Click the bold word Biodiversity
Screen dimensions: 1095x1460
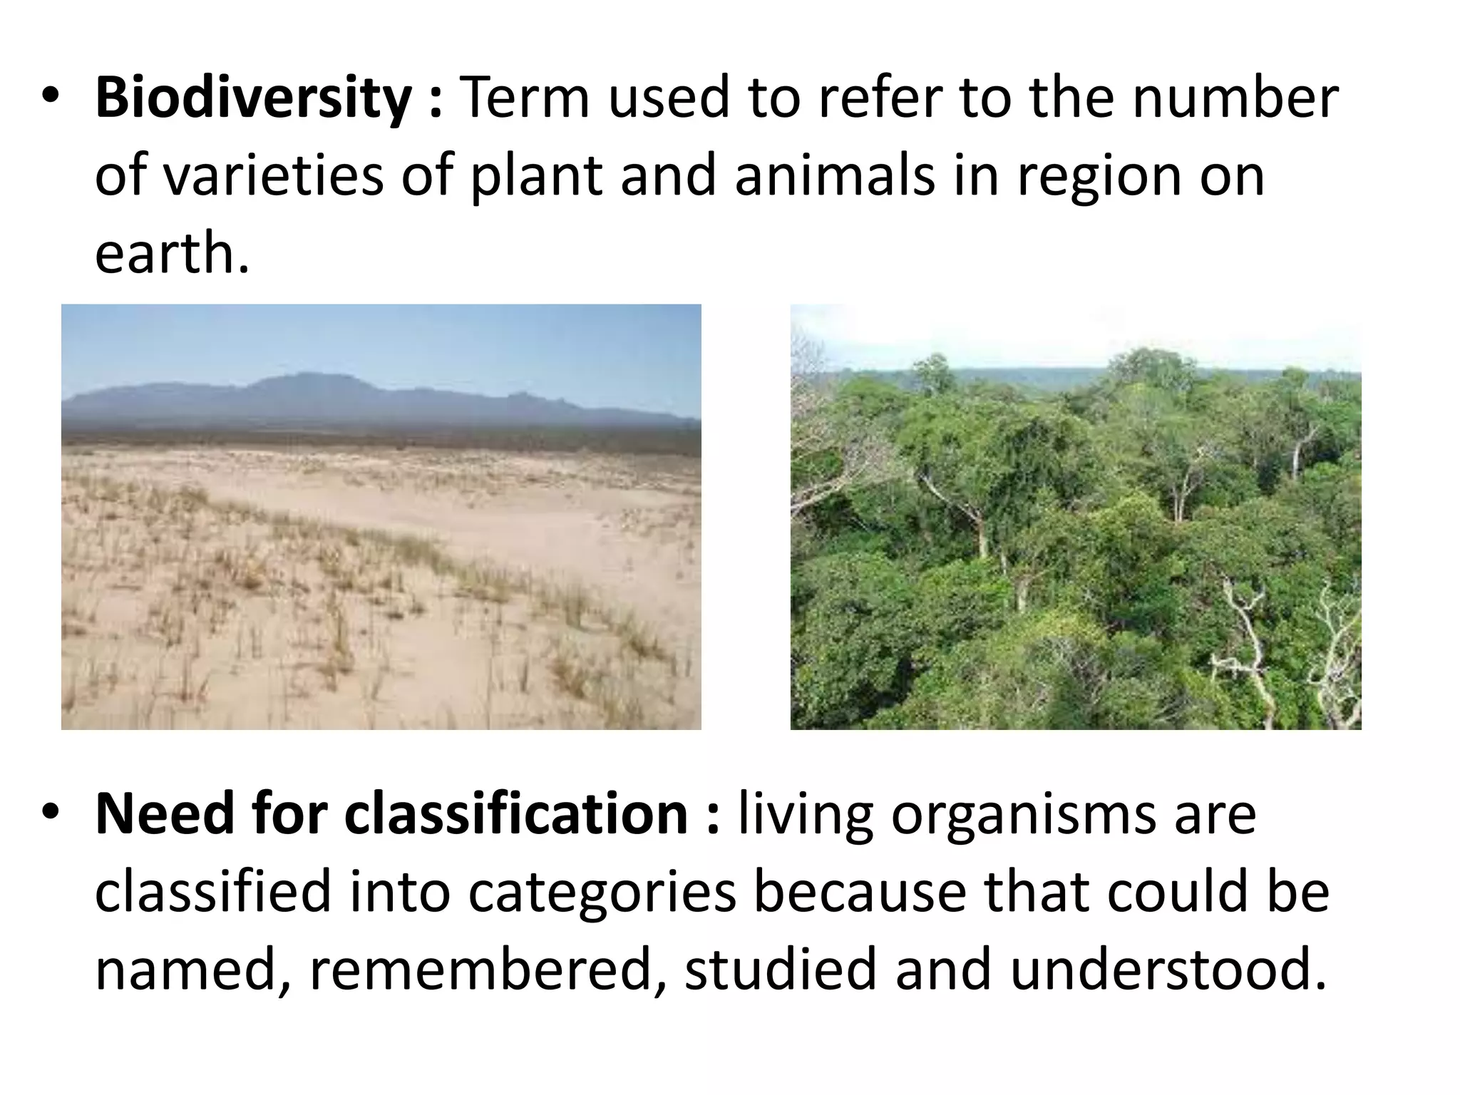coord(254,98)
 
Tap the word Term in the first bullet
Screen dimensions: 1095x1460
coord(526,98)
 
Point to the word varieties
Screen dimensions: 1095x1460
coord(274,177)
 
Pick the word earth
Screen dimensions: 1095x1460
coord(171,255)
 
